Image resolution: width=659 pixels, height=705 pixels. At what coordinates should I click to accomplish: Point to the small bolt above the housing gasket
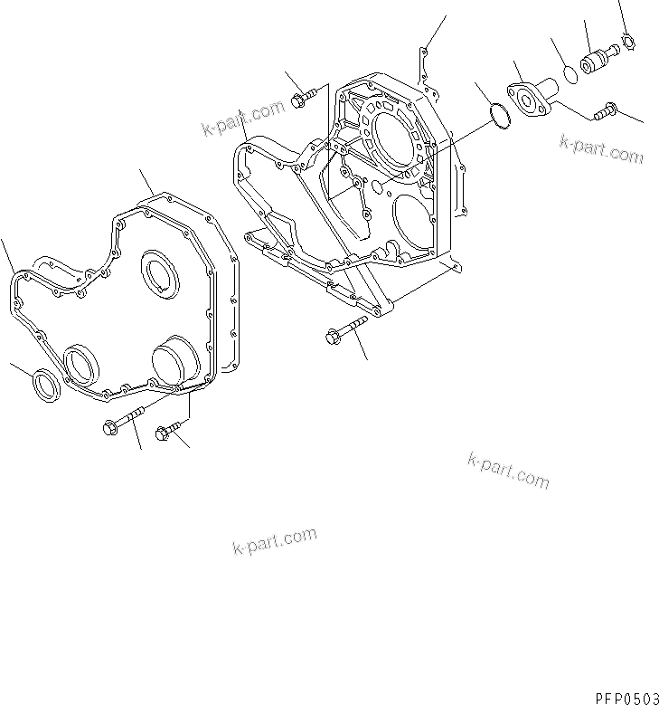pos(305,98)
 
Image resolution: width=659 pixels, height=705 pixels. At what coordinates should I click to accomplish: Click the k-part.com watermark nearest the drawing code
pos(508,470)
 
